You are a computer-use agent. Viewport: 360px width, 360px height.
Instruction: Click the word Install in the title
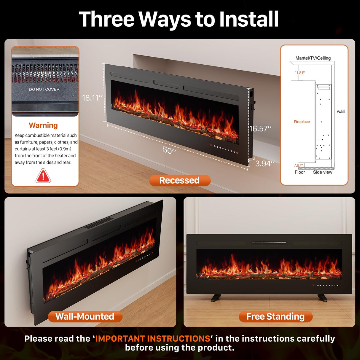coord(249,19)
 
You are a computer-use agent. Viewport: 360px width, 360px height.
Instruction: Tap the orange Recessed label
coord(180,180)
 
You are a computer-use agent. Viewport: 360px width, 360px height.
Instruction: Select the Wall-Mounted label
coord(85,316)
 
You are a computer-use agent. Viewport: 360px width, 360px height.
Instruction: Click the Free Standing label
coord(275,316)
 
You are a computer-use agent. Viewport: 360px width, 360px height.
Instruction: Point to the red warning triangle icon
coord(43,176)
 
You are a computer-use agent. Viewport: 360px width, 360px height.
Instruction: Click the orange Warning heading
coord(43,125)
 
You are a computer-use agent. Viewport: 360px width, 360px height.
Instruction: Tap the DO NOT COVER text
coord(44,89)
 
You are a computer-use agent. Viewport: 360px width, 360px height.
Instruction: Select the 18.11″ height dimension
coord(92,98)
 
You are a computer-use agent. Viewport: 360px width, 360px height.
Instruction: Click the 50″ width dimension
coord(169,150)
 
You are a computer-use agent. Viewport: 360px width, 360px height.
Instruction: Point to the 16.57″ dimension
coord(260,129)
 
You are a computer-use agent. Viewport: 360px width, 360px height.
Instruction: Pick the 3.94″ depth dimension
coord(265,163)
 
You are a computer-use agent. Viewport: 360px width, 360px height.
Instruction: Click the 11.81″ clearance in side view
coord(300,73)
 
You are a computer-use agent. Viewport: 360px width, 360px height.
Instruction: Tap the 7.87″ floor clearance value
coord(298,165)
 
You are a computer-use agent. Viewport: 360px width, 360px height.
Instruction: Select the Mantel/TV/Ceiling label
coord(313,58)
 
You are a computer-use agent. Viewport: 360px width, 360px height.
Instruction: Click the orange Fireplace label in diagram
coord(302,122)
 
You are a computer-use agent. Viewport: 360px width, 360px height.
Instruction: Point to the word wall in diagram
coord(340,111)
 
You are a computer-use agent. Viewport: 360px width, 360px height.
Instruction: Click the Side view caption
coord(323,172)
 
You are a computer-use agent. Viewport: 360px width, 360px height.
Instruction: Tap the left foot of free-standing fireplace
coord(216,297)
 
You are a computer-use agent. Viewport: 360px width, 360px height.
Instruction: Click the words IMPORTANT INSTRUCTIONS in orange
coord(153,338)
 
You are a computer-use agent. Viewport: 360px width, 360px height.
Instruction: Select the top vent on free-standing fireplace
coord(269,243)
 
